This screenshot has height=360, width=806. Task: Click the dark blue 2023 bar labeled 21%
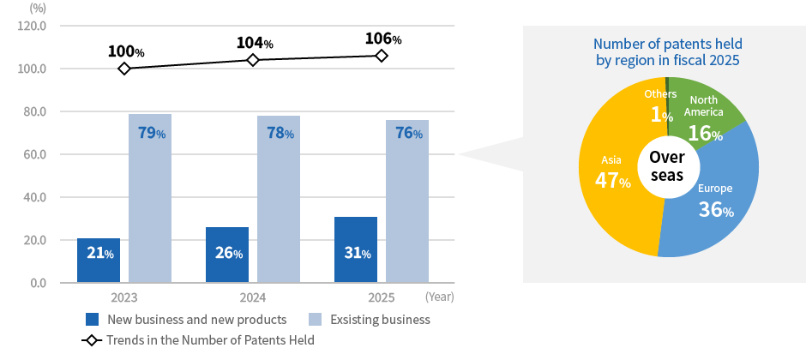coord(99,261)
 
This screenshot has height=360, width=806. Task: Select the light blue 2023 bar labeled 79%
coord(150,198)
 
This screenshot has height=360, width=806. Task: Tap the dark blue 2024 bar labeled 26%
coord(227,255)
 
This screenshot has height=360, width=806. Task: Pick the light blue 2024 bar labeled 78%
coord(279,199)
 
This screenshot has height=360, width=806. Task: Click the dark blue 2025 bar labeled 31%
coord(356,249)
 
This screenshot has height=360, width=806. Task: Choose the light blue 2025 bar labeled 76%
coord(407,201)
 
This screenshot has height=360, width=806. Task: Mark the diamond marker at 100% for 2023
coord(124,69)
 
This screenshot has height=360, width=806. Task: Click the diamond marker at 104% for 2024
coord(253,60)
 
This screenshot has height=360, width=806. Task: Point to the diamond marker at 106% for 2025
coord(382,56)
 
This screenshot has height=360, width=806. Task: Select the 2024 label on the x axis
coord(253,297)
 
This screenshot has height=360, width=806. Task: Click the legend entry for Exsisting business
coord(369,320)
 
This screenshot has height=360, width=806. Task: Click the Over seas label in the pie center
coord(666,166)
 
